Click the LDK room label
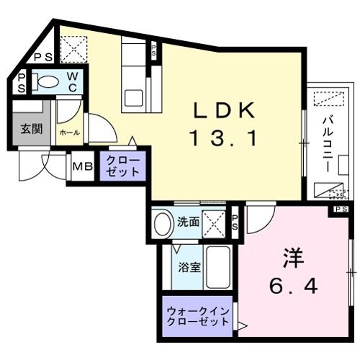tap(223, 110)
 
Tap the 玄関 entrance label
tap(30, 130)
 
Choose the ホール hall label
tap(69, 133)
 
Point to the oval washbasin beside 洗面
tap(163, 222)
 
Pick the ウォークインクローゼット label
tap(197, 317)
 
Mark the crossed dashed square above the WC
tap(72, 48)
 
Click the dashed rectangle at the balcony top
tap(328, 99)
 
